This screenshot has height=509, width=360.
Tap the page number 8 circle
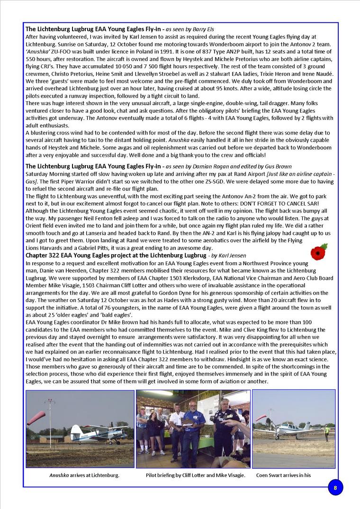point(335,487)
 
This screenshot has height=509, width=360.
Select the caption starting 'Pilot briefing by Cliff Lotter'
point(195,475)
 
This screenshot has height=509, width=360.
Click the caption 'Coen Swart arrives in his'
point(283,475)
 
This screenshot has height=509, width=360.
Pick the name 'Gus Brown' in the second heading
point(278,166)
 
